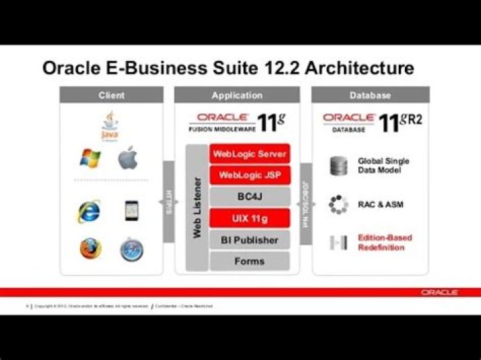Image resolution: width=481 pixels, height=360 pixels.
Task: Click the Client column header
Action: (x=112, y=96)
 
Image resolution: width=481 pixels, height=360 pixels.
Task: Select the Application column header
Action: (x=236, y=96)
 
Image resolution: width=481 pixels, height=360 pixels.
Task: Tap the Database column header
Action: (x=370, y=96)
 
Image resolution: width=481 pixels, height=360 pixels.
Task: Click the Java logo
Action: (x=110, y=126)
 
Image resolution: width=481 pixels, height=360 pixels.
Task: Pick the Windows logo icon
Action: (x=90, y=159)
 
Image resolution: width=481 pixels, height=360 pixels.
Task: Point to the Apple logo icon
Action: (x=128, y=159)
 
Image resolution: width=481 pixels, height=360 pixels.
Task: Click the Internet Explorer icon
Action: (x=90, y=211)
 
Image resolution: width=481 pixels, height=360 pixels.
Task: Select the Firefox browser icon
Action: (x=90, y=248)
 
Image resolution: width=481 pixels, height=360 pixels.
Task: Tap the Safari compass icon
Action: (x=131, y=249)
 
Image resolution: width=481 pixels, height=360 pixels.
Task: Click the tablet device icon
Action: (x=131, y=211)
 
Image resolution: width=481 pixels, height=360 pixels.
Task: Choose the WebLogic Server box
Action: (x=250, y=154)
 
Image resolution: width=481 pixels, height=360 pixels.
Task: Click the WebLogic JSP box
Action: (x=250, y=175)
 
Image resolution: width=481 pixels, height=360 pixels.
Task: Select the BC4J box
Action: (x=250, y=196)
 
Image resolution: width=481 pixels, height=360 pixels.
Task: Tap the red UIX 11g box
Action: (x=250, y=218)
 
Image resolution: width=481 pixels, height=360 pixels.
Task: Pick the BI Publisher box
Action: (x=250, y=239)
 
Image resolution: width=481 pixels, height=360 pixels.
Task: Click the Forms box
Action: (x=250, y=260)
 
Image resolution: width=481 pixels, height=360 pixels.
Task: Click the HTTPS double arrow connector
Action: (x=168, y=202)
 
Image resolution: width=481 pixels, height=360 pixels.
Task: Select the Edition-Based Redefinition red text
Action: (x=385, y=242)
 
